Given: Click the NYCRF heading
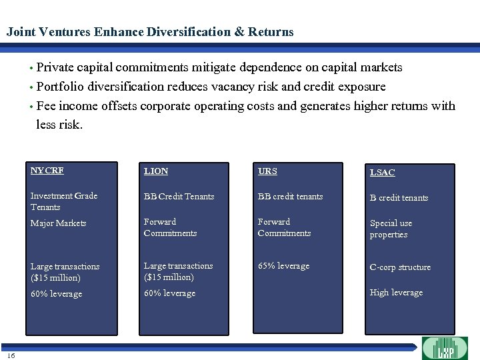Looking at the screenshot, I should point(47,171).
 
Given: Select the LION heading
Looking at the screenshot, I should point(156,171).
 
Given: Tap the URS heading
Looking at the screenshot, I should point(267,171).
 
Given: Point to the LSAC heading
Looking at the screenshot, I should point(383,173).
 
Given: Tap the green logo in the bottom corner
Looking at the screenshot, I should point(445,348).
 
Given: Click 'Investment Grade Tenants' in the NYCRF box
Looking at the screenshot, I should point(64,201).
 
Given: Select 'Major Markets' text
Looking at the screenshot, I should point(59,223).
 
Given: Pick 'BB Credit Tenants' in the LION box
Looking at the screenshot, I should point(179,197).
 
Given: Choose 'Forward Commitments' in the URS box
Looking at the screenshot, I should point(284,227).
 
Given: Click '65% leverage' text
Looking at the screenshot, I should point(284,266).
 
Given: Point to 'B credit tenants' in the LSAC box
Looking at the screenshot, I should point(399,198).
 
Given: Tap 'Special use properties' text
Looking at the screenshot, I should point(391,229).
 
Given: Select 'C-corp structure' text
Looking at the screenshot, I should point(401,267).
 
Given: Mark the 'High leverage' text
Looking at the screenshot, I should point(397,293).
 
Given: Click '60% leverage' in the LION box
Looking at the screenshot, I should point(170,293).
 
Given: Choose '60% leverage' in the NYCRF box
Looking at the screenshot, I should point(57,294).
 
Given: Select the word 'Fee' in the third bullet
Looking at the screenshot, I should point(46,106).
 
